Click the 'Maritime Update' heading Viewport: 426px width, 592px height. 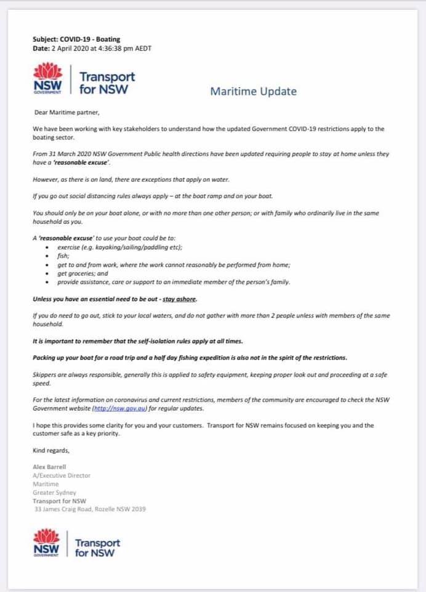253,92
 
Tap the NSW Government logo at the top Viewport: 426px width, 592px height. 47,79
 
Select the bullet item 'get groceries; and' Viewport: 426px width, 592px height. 83,273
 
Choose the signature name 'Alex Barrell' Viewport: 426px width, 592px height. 49,467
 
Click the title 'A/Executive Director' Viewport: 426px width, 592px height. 62,475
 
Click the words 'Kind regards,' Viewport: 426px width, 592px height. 51,450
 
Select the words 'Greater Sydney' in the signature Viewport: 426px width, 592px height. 55,493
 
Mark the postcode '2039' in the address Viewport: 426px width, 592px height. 139,509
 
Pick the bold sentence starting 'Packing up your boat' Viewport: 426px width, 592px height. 190,358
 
